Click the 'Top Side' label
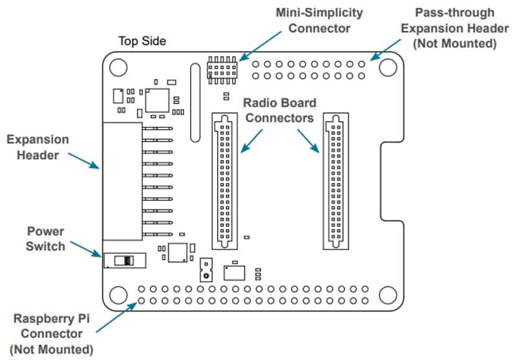(142, 41)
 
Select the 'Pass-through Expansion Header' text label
(455, 28)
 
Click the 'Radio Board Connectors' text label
(279, 111)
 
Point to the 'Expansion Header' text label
(37, 147)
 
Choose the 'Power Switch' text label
(45, 238)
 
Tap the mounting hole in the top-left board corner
(119, 67)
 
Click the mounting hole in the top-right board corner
(388, 67)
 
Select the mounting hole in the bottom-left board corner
(119, 295)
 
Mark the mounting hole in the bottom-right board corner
(388, 295)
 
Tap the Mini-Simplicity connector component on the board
(222, 68)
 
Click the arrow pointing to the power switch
(86, 248)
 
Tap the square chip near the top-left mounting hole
(156, 101)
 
